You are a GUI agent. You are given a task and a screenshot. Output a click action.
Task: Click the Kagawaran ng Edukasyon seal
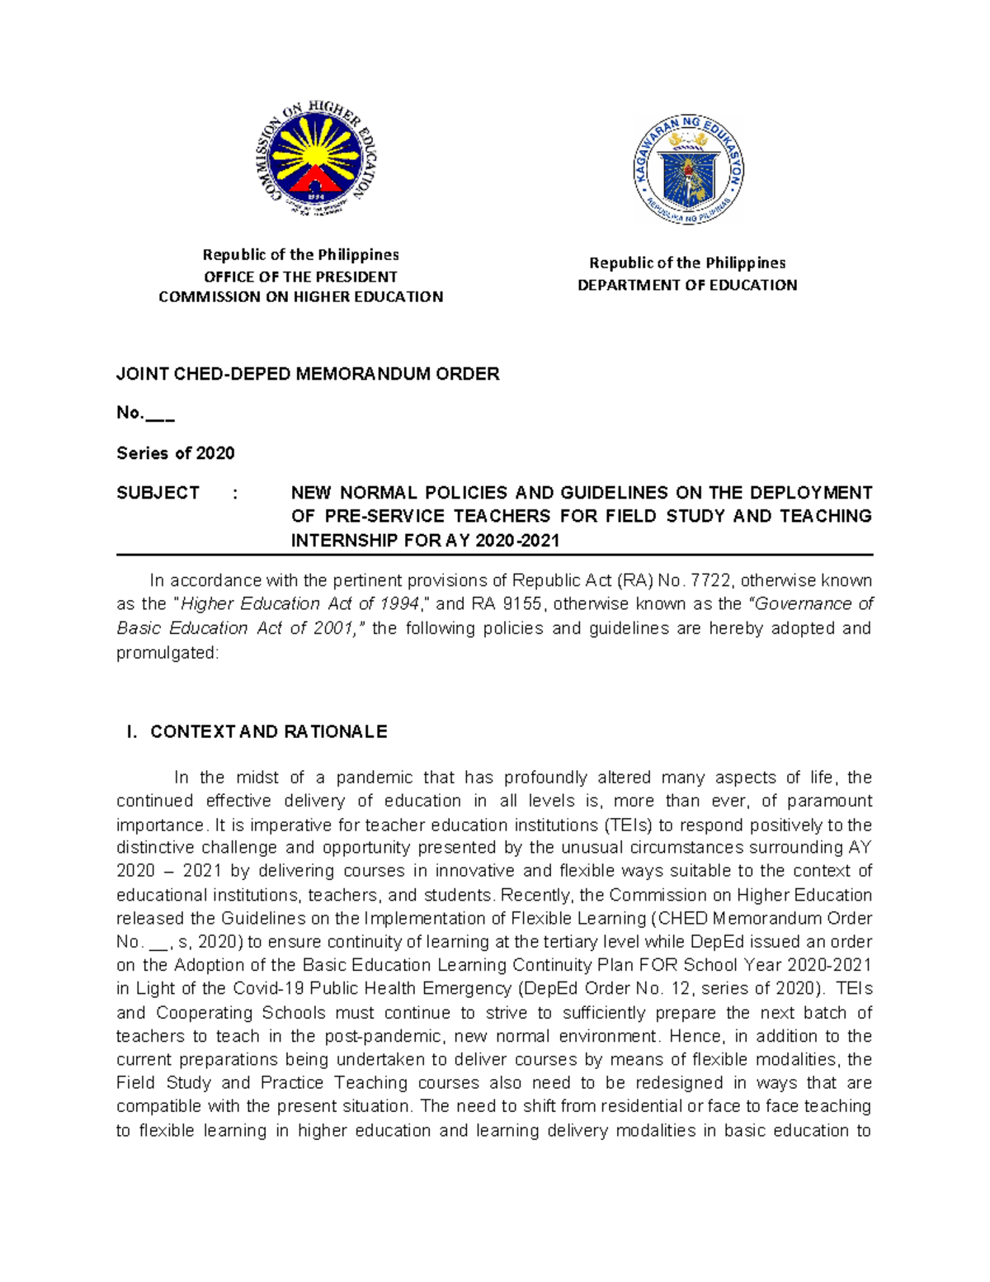[688, 171]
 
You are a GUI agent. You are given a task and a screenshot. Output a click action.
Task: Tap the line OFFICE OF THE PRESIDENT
[300, 277]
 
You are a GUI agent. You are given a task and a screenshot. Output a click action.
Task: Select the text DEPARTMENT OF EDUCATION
[687, 285]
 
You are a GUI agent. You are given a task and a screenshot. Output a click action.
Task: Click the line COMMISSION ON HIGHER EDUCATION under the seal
[300, 297]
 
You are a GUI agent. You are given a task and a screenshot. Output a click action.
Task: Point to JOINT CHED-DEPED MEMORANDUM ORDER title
[308, 374]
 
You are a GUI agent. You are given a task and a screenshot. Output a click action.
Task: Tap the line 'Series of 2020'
[176, 453]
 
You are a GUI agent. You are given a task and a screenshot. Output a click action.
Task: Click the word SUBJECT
[158, 493]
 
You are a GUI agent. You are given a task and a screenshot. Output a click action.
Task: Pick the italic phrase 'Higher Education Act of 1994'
[300, 604]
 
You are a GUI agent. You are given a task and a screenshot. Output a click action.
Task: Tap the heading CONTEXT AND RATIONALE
[268, 732]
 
